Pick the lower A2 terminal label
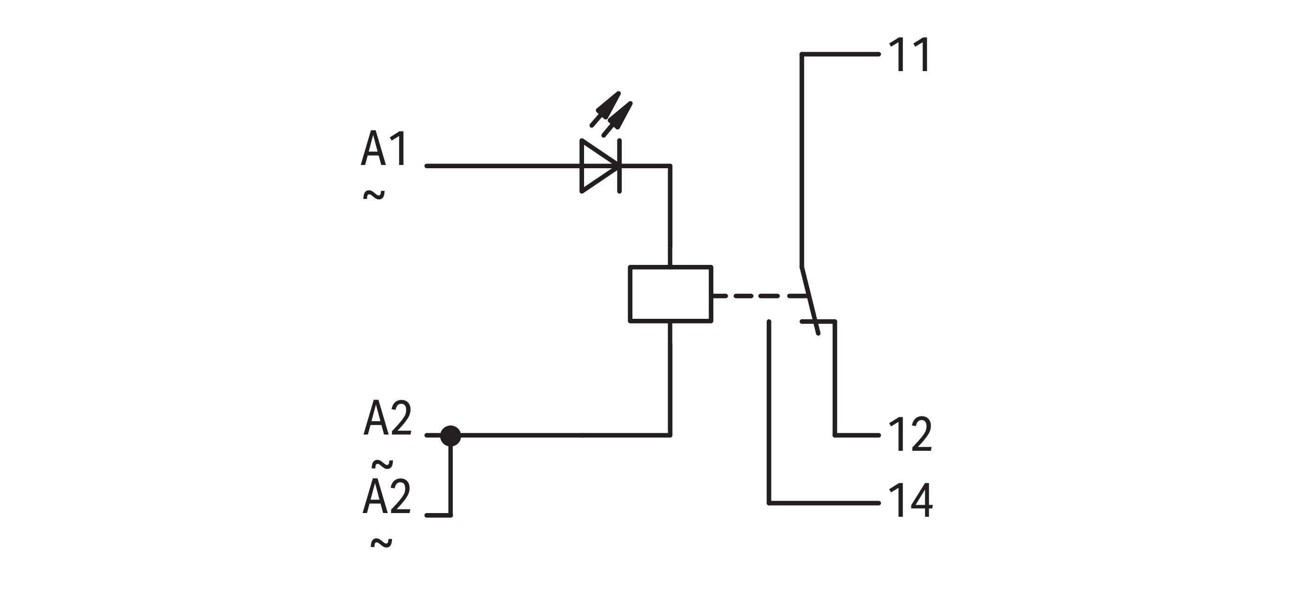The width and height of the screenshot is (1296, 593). coord(386,497)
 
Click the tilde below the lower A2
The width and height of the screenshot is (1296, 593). coord(381,543)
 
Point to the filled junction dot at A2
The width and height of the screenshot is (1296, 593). coord(450,435)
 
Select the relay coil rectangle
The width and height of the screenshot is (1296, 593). coord(670,294)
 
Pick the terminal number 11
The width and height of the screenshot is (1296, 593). coord(909,55)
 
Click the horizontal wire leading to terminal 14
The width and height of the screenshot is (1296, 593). coord(824,502)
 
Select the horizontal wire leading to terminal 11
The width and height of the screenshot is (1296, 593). coord(840,54)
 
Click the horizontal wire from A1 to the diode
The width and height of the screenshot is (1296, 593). coord(503,165)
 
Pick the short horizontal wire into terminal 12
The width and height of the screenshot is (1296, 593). coord(857,435)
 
